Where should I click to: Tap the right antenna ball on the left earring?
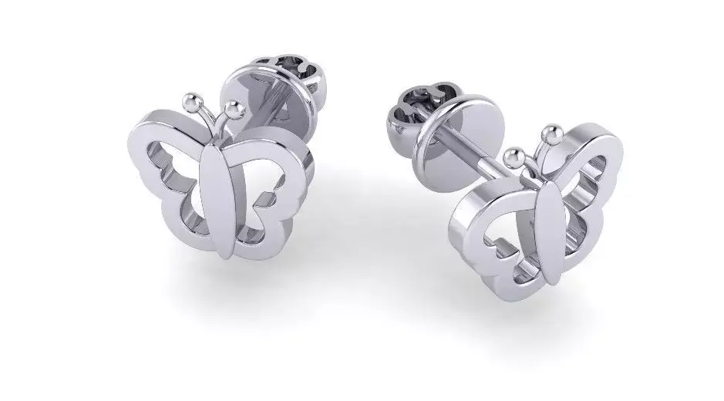point(234,106)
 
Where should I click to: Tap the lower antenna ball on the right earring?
point(513,156)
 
